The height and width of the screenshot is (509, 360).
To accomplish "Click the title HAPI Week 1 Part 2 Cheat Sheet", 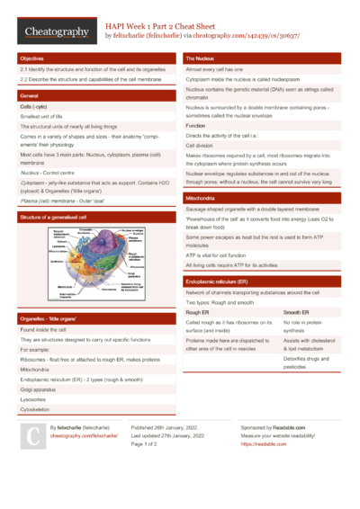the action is [x=166, y=26].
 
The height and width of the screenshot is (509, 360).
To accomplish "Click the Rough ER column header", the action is [x=199, y=312].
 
